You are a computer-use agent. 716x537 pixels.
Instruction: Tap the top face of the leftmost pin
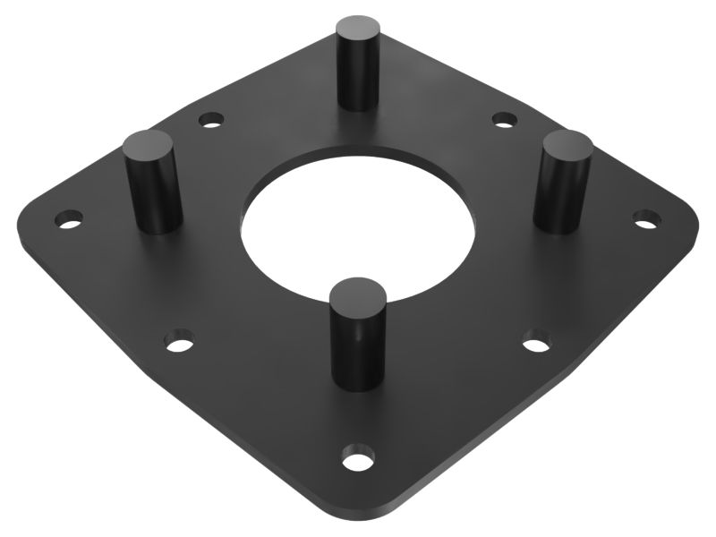tap(149, 144)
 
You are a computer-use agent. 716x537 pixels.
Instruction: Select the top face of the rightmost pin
tap(567, 144)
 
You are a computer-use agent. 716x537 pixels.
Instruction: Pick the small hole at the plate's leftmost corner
tap(69, 217)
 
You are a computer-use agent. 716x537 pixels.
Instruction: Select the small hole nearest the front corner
tap(357, 462)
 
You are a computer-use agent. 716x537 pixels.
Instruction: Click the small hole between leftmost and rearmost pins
tap(210, 118)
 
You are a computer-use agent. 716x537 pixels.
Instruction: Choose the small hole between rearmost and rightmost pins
tap(504, 118)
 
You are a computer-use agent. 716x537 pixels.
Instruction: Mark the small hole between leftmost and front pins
tap(179, 340)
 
